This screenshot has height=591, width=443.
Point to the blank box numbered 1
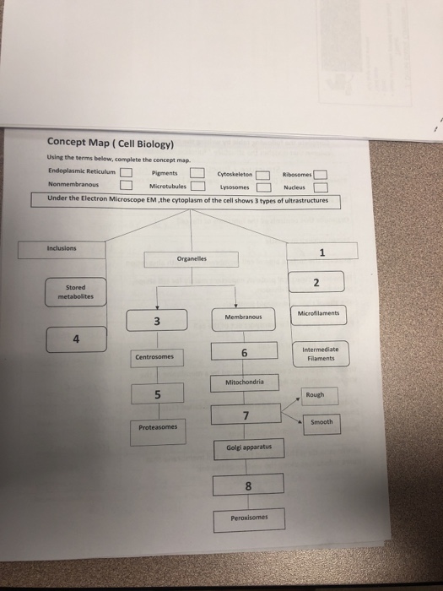[x=322, y=251]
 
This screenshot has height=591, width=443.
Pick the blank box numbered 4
[x=75, y=340]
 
